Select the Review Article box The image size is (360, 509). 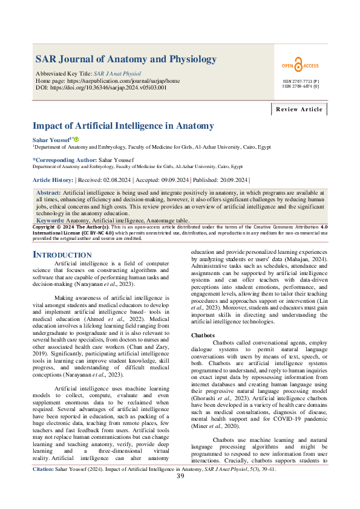tap(299, 109)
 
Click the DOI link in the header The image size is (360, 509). tap(118, 88)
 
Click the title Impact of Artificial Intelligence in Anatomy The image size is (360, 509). tap(123, 126)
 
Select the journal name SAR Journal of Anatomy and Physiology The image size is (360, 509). tap(126, 59)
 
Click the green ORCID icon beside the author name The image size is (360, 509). tap(76, 140)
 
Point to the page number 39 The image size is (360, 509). tap(180, 493)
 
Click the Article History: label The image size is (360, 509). tap(52, 180)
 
